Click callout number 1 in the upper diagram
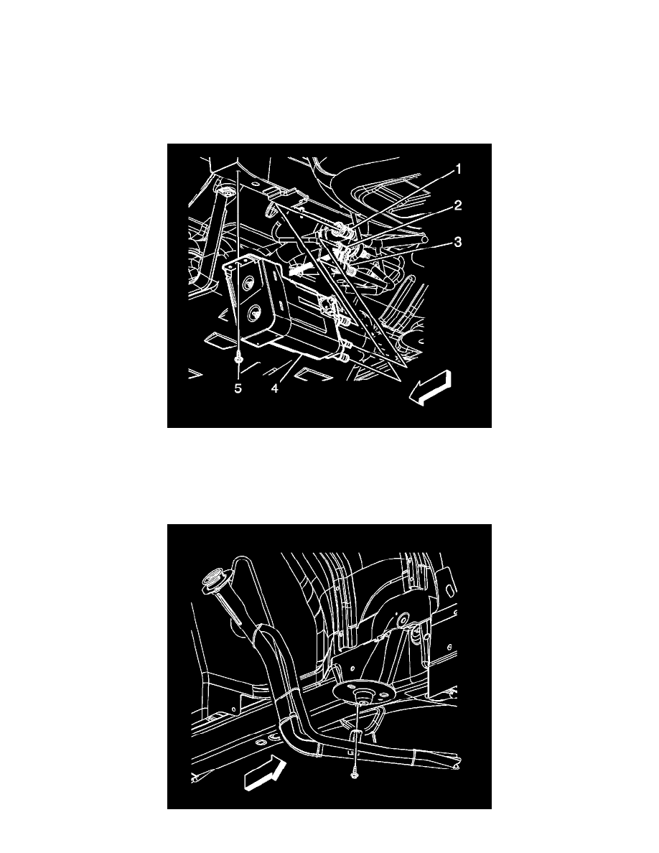point(458,169)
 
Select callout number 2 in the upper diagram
point(458,205)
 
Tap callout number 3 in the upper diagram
point(458,241)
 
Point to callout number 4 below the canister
point(275,388)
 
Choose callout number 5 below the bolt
point(238,388)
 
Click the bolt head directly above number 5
point(238,360)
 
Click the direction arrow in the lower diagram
point(266,774)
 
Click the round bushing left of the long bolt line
point(225,192)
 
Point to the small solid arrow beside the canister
point(297,268)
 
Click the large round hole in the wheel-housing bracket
point(403,622)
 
